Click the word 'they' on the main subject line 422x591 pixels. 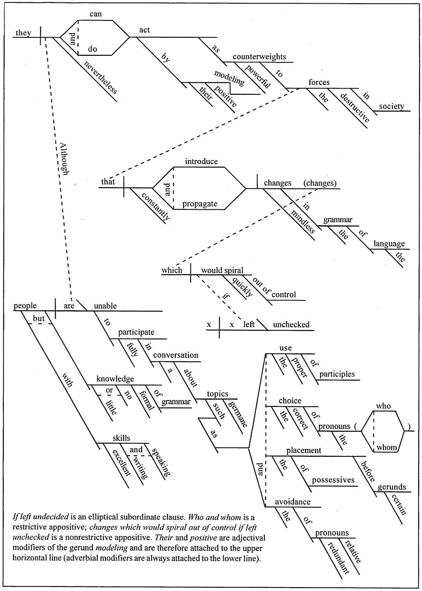(x=23, y=33)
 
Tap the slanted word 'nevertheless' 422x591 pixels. (x=100, y=77)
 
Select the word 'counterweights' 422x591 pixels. (x=259, y=57)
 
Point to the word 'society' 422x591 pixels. (x=391, y=106)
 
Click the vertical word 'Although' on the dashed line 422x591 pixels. (x=64, y=159)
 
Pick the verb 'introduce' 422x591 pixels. (x=202, y=161)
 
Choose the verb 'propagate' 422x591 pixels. (x=200, y=204)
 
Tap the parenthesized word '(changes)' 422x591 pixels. (x=320, y=183)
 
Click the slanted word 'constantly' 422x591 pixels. (x=156, y=206)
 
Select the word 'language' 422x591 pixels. (x=389, y=244)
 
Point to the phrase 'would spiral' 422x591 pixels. (x=222, y=270)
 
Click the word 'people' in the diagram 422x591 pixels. (x=25, y=306)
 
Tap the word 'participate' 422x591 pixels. (x=136, y=332)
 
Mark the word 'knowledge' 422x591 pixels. (x=115, y=379)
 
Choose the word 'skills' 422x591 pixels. (x=122, y=438)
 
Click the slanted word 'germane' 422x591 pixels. (x=238, y=414)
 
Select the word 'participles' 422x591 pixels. (x=337, y=374)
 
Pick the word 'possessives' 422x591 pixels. (x=333, y=480)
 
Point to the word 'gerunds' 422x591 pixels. (x=392, y=487)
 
